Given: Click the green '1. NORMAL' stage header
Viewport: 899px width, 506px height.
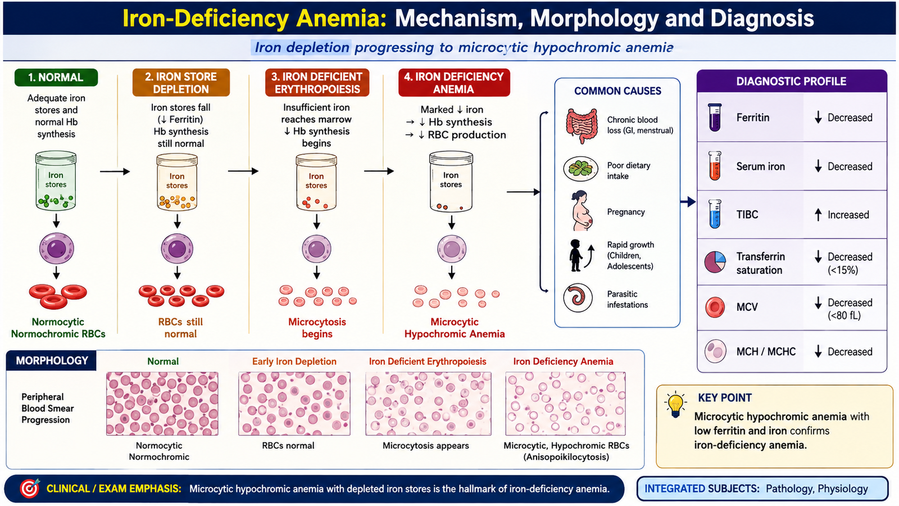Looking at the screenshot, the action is [x=56, y=78].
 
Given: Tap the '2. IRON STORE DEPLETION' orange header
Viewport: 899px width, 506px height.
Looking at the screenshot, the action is [x=181, y=83].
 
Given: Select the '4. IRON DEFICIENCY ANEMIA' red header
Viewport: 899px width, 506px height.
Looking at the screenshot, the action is [x=454, y=83].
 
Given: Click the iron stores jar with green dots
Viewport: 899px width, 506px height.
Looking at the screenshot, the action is [x=56, y=180].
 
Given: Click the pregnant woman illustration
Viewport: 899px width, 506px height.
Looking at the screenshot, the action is [x=582, y=211].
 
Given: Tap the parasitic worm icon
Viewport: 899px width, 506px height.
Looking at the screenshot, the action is [x=578, y=298].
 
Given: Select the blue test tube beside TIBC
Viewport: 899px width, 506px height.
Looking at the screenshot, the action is [x=715, y=214].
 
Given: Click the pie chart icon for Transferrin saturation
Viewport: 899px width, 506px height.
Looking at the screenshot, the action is [x=715, y=262].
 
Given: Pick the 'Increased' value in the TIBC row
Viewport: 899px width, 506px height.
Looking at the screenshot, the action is [x=848, y=215].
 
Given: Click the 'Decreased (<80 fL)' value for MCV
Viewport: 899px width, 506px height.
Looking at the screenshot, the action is [x=850, y=309].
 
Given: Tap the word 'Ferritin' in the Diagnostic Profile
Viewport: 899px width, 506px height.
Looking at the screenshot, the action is [x=752, y=118].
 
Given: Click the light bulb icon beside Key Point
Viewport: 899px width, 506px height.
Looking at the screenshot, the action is [x=675, y=404].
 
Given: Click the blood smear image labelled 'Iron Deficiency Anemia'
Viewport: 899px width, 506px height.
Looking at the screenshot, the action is [x=565, y=404].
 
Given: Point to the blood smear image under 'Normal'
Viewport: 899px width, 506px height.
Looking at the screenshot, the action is [x=162, y=404].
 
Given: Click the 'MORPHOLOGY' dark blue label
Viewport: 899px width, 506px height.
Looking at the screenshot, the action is [x=52, y=360].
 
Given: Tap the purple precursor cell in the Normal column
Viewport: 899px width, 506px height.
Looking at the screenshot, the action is [x=57, y=248].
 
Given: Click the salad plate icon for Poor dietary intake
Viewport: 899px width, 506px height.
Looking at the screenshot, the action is [x=580, y=169].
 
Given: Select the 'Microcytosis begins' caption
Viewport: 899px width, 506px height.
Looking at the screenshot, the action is [x=317, y=328].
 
